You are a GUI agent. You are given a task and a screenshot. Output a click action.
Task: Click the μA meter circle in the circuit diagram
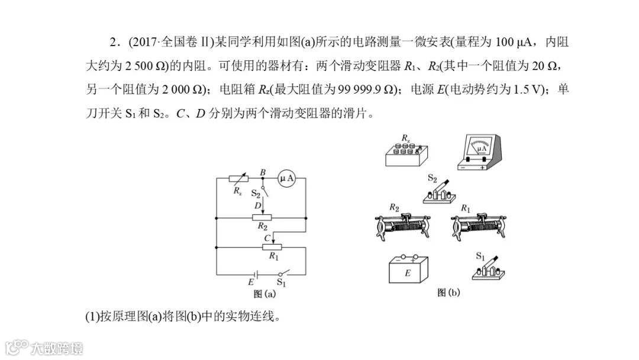pyautogui.click(x=286, y=178)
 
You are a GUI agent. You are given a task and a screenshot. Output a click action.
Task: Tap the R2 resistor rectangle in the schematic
pyautogui.click(x=262, y=217)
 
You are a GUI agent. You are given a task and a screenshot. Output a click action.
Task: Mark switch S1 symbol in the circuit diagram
pyautogui.click(x=284, y=274)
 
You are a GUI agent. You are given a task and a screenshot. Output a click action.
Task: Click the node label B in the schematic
pyautogui.click(x=263, y=171)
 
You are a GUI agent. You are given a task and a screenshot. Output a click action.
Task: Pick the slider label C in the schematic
pyautogui.click(x=267, y=237)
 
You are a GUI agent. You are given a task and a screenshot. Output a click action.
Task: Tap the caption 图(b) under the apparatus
pyautogui.click(x=448, y=292)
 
